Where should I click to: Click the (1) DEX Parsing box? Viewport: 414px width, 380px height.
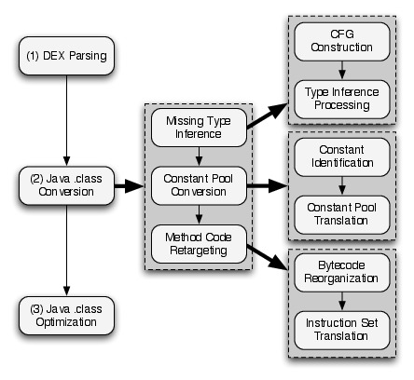(x=66, y=56)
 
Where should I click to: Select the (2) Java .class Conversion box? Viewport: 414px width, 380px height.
(x=66, y=185)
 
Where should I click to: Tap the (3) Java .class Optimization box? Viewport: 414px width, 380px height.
(x=66, y=316)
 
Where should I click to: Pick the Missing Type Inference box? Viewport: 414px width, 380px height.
(x=199, y=128)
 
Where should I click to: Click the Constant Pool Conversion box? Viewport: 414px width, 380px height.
(x=199, y=185)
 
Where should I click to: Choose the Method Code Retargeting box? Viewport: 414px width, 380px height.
(x=199, y=244)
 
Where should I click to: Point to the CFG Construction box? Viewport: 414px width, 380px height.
(x=342, y=42)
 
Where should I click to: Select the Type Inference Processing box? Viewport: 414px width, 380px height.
(x=342, y=100)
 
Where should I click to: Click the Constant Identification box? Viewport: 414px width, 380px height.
(x=342, y=157)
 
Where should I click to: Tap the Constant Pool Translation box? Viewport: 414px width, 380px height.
(x=342, y=215)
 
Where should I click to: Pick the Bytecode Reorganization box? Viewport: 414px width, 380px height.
(x=342, y=273)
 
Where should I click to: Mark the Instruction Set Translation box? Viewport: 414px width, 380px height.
(x=342, y=331)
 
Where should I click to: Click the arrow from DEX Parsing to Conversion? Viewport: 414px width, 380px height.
(x=66, y=120)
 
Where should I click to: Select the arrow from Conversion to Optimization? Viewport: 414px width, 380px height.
(x=66, y=251)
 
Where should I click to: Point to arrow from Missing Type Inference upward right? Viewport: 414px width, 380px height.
(x=268, y=115)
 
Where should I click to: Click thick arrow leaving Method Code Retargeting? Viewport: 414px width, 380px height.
(x=268, y=257)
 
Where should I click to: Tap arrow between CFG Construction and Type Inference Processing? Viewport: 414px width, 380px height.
(x=342, y=71)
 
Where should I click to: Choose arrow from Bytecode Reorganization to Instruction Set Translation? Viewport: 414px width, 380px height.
(x=342, y=302)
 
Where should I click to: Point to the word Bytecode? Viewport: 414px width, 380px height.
(x=341, y=265)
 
